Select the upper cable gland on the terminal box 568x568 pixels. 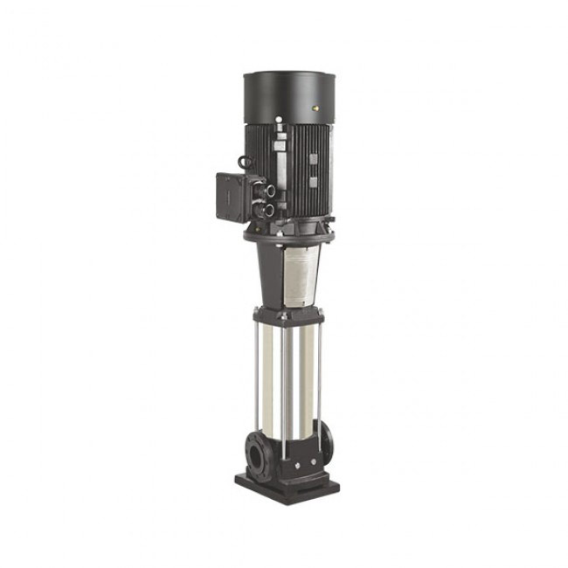click(268, 190)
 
